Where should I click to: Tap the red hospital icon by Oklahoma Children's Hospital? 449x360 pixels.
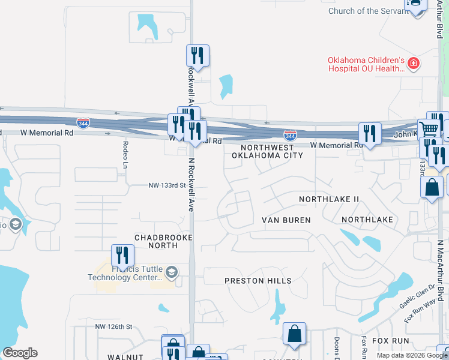(413, 63)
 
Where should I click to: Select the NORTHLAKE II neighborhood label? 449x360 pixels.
(329, 199)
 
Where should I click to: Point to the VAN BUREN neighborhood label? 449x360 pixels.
(286, 220)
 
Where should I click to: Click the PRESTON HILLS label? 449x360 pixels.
(258, 281)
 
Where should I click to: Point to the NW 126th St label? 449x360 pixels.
(113, 326)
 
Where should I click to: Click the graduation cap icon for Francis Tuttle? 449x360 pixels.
(172, 273)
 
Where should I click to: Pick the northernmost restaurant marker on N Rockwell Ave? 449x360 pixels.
(197, 55)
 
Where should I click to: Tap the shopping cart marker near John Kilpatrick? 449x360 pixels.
(429, 128)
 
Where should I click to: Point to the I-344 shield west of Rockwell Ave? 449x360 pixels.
(83, 124)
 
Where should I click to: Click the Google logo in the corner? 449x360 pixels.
(20, 353)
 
